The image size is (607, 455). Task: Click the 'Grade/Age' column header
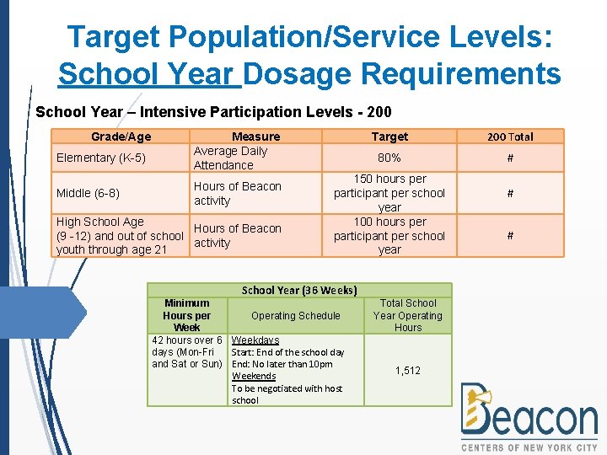pos(121,136)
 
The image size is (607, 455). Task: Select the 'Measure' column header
pos(255,136)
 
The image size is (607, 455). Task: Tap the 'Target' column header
pos(389,136)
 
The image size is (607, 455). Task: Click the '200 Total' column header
pos(510,136)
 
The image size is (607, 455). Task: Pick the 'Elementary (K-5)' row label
pos(101,158)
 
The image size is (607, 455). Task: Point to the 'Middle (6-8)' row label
pos(88,193)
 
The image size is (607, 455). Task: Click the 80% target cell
pos(389,158)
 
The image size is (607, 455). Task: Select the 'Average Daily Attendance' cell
pos(230,158)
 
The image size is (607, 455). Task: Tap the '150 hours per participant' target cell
pos(389,193)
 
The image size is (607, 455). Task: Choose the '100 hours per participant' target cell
pos(389,236)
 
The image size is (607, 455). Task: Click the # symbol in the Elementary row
pos(510,158)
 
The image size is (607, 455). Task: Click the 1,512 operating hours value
pos(408,371)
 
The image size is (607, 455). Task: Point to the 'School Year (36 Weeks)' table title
pos(299,290)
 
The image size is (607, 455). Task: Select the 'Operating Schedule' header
pos(296,316)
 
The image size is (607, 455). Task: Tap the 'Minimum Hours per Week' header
pos(187,315)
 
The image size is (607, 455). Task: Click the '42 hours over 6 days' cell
pos(187,352)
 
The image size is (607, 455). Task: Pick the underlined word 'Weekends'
pos(254,376)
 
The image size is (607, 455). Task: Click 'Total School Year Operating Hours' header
pos(408,315)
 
